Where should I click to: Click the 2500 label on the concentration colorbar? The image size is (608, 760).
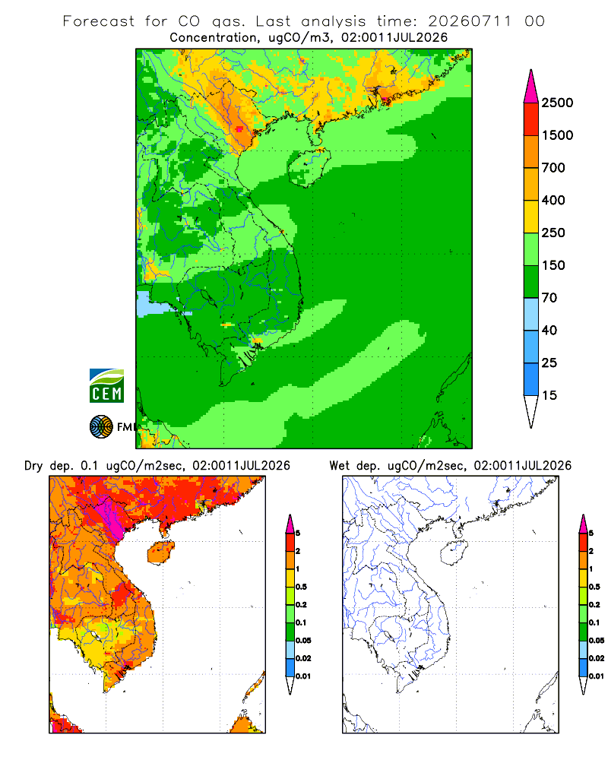[x=557, y=103]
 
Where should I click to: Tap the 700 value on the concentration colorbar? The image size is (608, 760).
[x=553, y=168]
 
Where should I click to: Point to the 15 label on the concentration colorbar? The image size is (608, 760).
[x=549, y=395]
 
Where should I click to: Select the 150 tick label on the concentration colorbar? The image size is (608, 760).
[x=553, y=265]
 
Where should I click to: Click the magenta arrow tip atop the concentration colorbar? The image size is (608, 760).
[x=531, y=87]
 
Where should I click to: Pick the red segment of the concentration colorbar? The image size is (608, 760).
[x=531, y=119]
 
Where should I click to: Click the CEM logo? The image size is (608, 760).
[x=106, y=386]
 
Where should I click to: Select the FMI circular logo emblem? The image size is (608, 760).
[x=101, y=427]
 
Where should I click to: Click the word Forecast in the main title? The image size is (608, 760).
[x=99, y=21]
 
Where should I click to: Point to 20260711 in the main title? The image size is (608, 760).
[x=470, y=21]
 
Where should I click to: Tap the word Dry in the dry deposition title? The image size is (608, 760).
[x=34, y=466]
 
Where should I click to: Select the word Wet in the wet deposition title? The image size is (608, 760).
[x=339, y=466]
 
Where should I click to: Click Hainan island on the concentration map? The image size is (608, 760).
[x=309, y=167]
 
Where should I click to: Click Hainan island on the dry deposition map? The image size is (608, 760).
[x=161, y=553]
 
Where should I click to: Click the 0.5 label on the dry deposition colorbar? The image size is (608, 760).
[x=301, y=587]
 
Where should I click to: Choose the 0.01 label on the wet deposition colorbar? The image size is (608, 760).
[x=597, y=676]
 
